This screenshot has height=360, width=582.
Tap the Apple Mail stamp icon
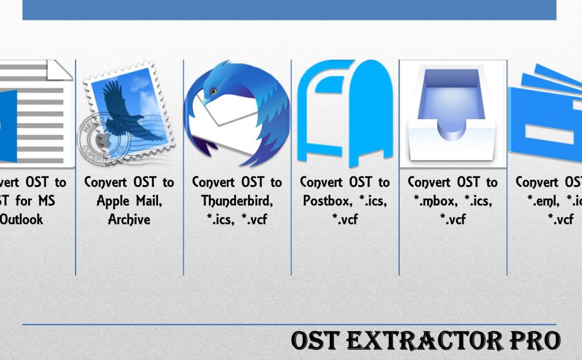[129, 114]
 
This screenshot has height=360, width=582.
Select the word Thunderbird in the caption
[237, 201]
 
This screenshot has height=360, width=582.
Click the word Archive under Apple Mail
[129, 220]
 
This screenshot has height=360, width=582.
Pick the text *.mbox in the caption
[433, 201]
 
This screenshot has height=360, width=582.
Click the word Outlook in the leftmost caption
[21, 220]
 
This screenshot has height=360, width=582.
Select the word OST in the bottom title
[316, 341]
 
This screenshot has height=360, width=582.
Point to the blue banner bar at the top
[289, 10]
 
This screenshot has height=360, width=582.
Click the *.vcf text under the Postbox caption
[345, 220]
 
